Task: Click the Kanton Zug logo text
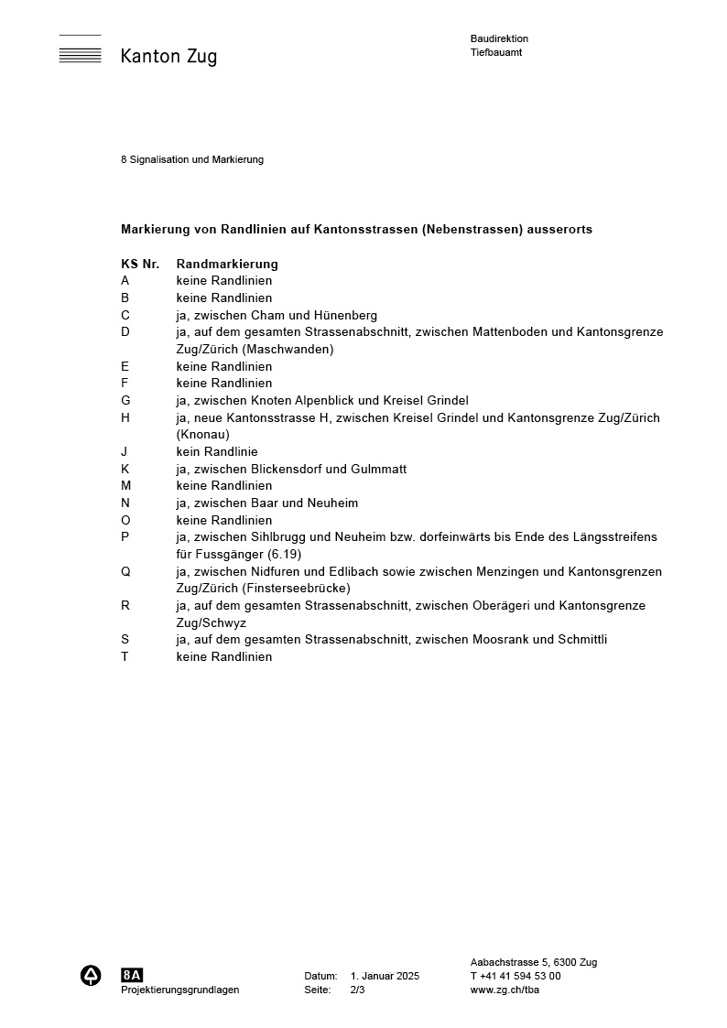(168, 57)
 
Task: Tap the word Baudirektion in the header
(499, 39)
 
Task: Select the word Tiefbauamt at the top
(496, 53)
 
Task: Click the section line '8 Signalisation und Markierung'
(192, 159)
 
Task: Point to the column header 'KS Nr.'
(140, 264)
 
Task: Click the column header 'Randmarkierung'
(227, 264)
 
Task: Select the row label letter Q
(125, 571)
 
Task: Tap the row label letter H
(125, 417)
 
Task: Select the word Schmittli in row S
(581, 639)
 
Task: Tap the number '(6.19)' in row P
(284, 554)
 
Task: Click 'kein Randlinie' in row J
(217, 451)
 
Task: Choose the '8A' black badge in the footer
(132, 975)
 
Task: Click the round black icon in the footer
(91, 976)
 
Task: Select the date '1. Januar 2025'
(385, 976)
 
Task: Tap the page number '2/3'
(357, 990)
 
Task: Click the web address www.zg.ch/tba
(505, 990)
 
